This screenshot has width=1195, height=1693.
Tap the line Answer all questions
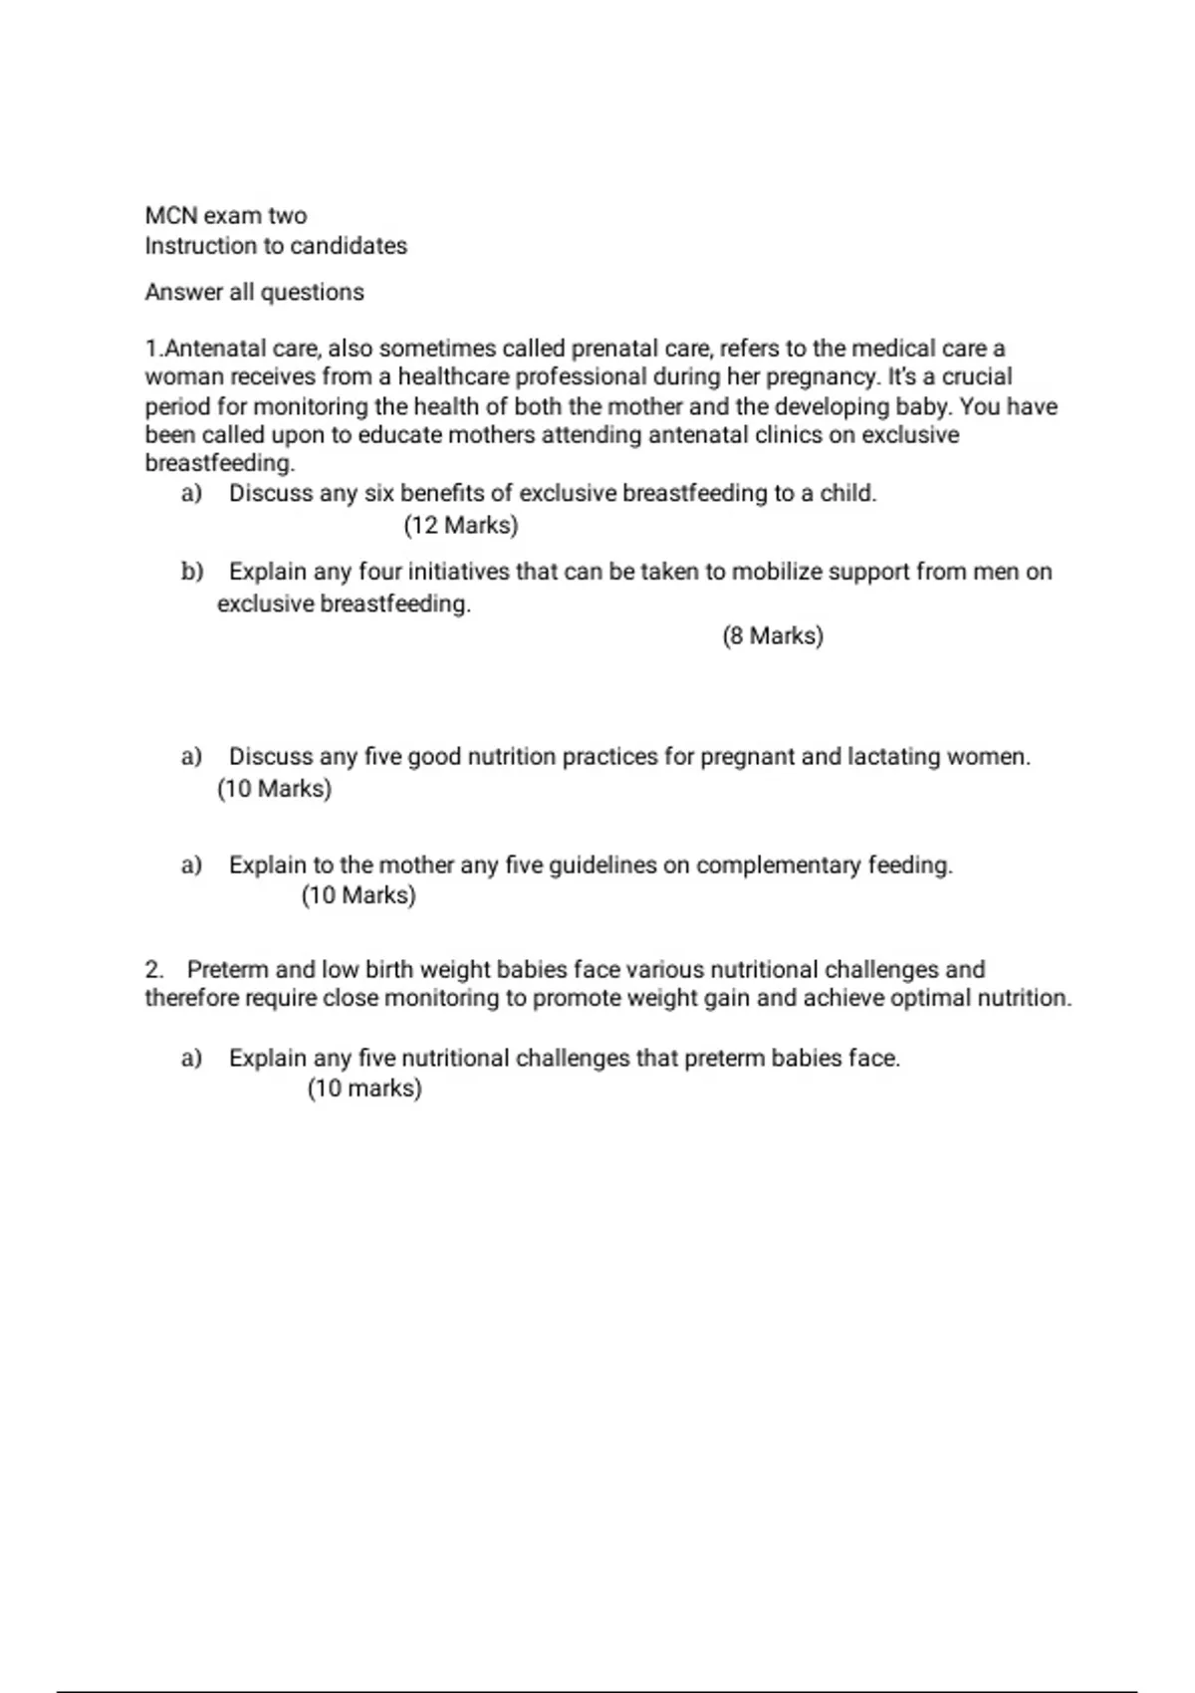(254, 293)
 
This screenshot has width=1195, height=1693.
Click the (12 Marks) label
(461, 525)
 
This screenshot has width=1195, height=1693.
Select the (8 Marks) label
(773, 635)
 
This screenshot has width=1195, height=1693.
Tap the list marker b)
(192, 572)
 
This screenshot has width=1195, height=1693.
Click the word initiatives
(458, 572)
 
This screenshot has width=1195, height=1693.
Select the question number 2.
(154, 970)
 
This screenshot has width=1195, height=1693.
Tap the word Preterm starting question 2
(227, 970)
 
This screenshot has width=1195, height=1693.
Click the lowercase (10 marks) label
(364, 1088)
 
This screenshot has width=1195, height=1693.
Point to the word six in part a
(379, 494)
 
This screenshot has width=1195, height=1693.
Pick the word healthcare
(456, 377)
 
